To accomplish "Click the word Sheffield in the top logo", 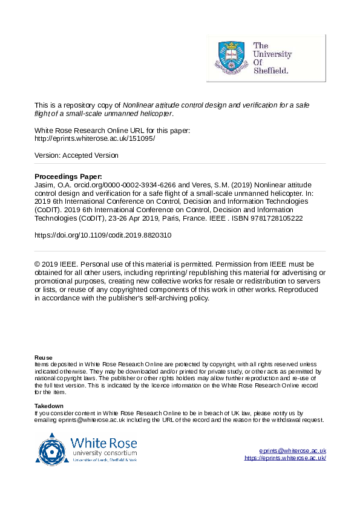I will click(270, 70).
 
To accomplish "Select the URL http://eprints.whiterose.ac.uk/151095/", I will click(95, 138).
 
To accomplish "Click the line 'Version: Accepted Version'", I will click(76, 155).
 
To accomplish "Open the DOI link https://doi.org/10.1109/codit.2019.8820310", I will click(103, 236).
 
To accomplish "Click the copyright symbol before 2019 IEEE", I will click(38, 264).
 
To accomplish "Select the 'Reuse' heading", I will click(43, 357).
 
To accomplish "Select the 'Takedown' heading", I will click(48, 406).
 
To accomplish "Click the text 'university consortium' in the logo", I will click(104, 453).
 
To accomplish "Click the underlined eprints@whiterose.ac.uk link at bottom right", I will click(292, 451).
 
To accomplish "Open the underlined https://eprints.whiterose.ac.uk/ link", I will click(285, 458).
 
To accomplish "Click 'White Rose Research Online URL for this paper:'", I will click(113, 130).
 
